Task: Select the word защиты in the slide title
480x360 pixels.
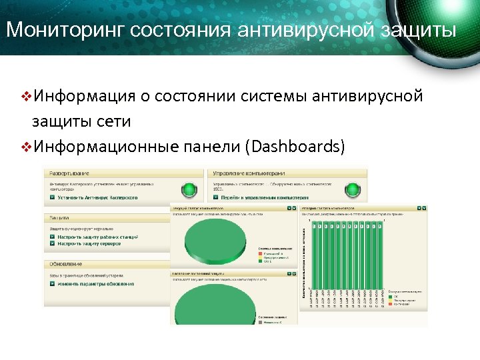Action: coord(420,30)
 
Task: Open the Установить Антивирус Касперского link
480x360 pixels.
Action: coord(97,197)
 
